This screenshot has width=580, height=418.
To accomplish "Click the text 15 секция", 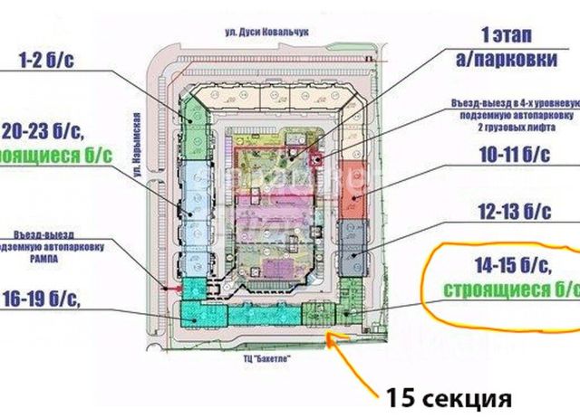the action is tap(449, 396).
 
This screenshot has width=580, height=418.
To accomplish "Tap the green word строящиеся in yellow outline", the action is tap(498, 290).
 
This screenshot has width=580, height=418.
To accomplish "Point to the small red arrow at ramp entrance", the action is tap(165, 289).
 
